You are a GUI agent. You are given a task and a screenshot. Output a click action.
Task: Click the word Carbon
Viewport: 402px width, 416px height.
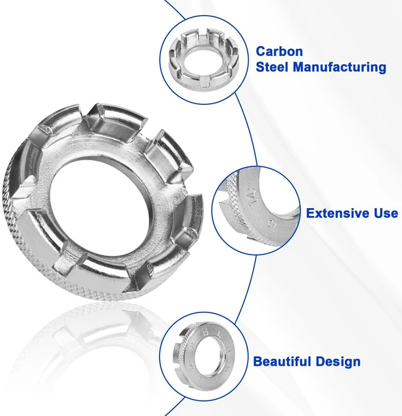[279, 51]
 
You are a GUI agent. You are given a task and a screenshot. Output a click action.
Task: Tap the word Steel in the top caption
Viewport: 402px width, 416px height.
[272, 67]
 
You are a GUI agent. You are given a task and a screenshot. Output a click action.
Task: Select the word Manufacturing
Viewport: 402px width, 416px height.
[339, 67]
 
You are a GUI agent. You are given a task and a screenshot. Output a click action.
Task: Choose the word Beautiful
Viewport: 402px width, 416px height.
[282, 361]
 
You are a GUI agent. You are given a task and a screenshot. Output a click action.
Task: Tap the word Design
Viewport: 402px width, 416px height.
[338, 362]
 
